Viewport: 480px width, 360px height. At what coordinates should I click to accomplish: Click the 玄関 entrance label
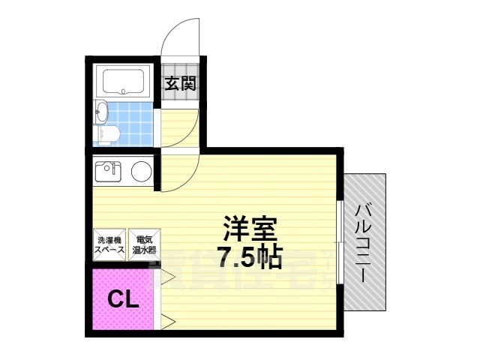click(181, 83)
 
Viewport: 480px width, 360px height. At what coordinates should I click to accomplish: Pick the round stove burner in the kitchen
click(140, 172)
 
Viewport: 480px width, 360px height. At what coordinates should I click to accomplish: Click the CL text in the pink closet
click(122, 300)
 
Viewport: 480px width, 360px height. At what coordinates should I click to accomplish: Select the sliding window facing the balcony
click(341, 242)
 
